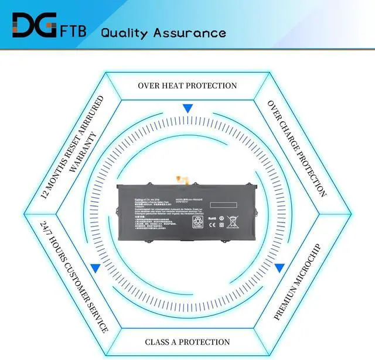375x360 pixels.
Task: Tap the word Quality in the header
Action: [124, 33]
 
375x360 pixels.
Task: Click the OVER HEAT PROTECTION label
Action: [187, 85]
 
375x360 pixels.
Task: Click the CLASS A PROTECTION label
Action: [187, 342]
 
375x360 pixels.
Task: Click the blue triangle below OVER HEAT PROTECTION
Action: [187, 108]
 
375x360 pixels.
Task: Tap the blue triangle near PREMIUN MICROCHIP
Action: [279, 268]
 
